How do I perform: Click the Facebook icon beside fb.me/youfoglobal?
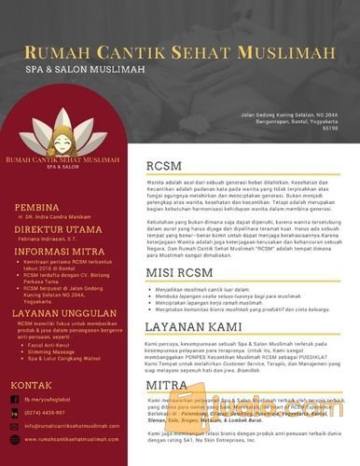tap(13, 399)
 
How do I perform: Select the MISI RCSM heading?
tap(180, 272)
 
